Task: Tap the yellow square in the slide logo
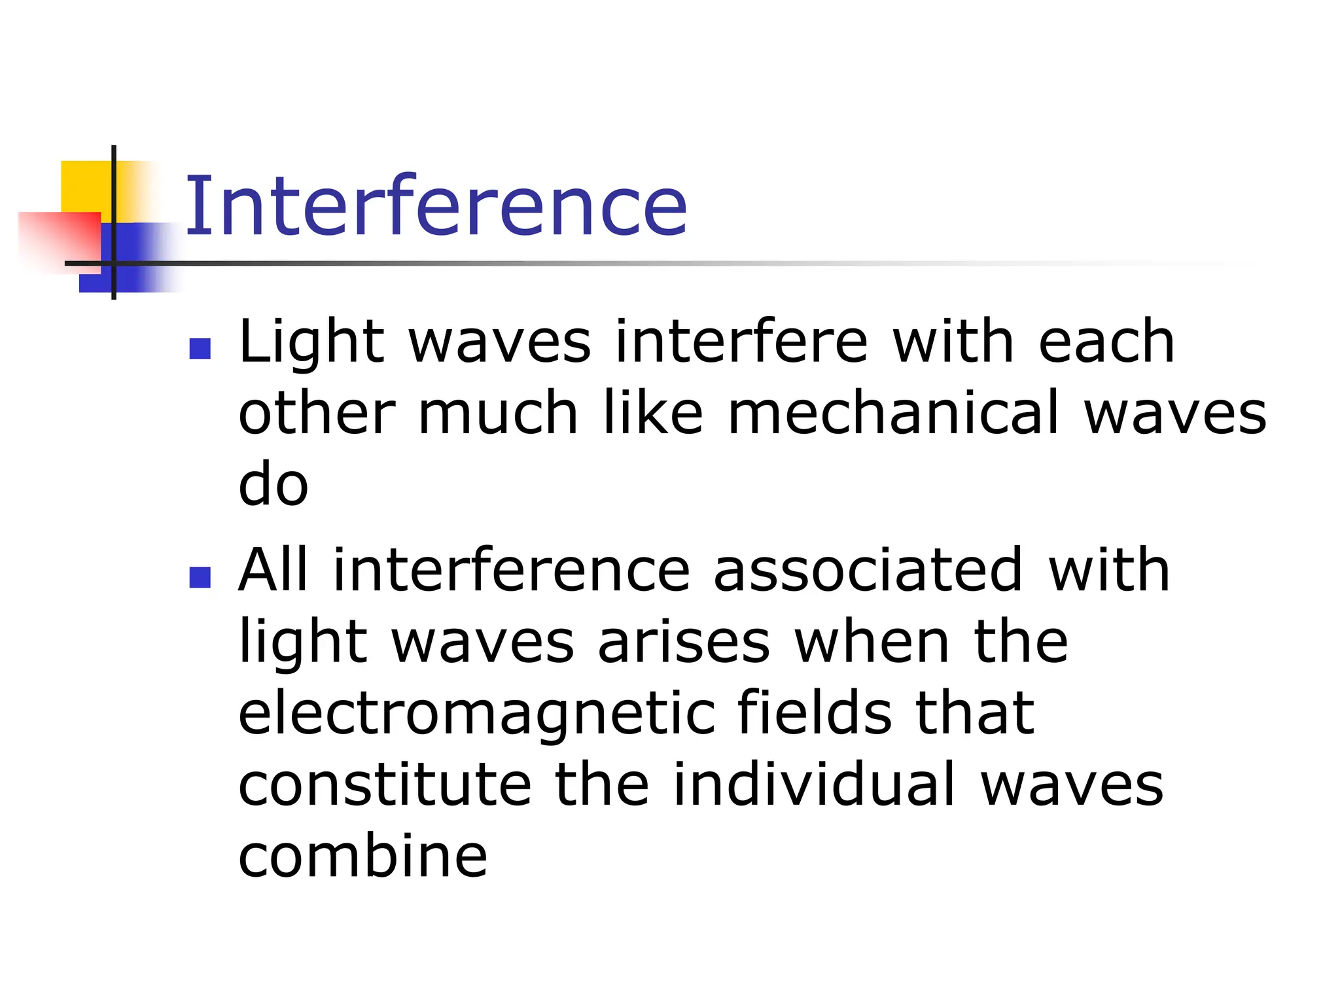pos(85,186)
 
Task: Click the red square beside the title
pos(59,239)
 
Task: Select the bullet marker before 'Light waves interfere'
pos(200,348)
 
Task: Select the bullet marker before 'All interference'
pos(200,577)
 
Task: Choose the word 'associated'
pos(868,570)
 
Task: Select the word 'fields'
pos(814,713)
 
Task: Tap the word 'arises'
pos(684,642)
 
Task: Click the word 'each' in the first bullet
pos(1106,342)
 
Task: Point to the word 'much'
pos(498,413)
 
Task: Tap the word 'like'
pos(652,413)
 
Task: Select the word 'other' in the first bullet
pos(317,413)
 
